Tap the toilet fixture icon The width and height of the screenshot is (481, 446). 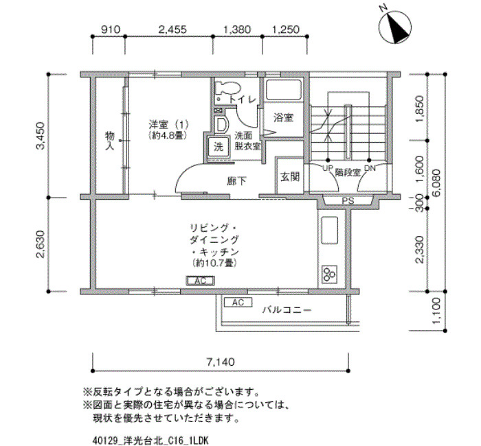(x=227, y=88)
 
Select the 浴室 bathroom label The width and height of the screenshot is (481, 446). (x=283, y=117)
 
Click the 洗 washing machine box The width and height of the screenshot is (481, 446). (x=219, y=148)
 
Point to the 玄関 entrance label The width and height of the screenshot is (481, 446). (x=289, y=177)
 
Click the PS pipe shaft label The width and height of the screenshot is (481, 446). (x=348, y=201)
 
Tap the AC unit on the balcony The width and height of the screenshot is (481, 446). (x=238, y=303)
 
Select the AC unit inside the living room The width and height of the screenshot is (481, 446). (x=201, y=281)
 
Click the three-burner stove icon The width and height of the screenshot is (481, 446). (x=329, y=274)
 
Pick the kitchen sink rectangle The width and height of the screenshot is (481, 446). (x=329, y=230)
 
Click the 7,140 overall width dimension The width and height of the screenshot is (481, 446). (x=221, y=362)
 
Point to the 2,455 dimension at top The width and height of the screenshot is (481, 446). (x=172, y=30)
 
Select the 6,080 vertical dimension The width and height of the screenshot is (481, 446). (x=436, y=183)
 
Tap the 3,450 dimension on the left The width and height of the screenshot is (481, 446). (x=40, y=135)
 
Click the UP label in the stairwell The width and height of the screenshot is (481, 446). (x=327, y=168)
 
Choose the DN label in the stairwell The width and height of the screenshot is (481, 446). (x=369, y=168)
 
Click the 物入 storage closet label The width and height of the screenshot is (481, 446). (x=109, y=141)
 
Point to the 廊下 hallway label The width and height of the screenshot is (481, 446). (x=236, y=181)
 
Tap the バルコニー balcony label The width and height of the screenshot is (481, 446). (x=287, y=310)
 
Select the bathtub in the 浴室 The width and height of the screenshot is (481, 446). (x=283, y=90)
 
